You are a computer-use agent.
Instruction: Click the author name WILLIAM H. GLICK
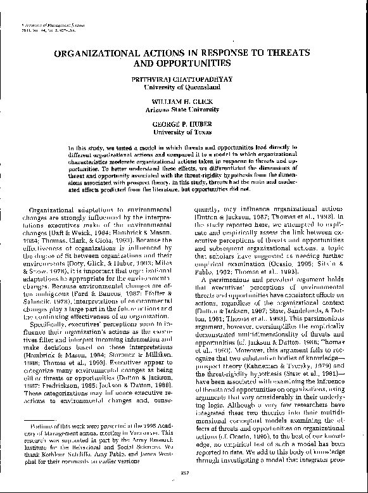(x=184, y=101)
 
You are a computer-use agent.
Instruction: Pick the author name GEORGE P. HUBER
(x=184, y=125)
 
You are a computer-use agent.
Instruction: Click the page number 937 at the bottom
(x=183, y=475)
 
